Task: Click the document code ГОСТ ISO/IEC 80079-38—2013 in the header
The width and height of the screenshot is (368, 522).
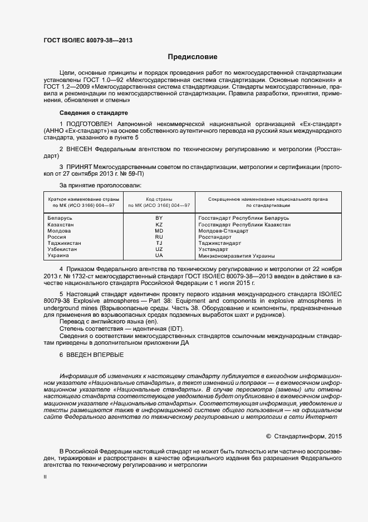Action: coord(88,40)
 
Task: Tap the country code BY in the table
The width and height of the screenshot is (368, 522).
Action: coord(159,217)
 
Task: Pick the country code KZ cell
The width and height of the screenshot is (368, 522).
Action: coord(159,224)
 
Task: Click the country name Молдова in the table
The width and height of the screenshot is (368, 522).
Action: coord(59,230)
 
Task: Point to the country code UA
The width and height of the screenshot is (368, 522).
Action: coord(159,255)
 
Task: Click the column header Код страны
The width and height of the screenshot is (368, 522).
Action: coord(159,199)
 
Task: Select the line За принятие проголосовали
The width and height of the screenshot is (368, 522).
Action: coord(100,185)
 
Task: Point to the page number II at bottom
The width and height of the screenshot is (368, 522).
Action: coord(45,477)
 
